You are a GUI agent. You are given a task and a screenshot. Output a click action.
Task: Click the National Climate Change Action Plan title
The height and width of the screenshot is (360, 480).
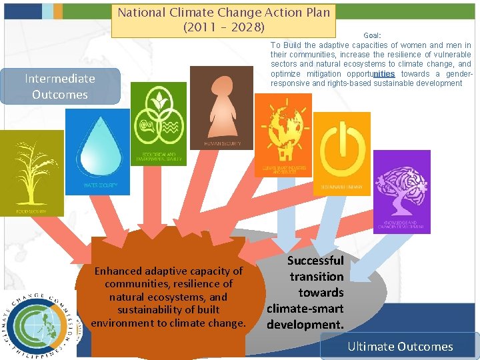tap(223, 12)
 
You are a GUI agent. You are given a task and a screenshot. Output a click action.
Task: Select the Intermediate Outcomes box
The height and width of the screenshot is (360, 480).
tap(60, 87)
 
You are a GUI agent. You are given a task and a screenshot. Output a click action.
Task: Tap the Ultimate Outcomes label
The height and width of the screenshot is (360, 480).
tap(400, 347)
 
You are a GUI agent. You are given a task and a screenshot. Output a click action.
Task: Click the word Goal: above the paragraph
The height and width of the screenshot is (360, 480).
tap(372, 35)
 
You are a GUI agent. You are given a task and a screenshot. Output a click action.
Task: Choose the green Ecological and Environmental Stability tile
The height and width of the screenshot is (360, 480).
tap(159, 123)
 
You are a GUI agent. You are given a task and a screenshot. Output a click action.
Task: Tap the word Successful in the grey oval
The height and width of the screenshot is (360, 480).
tap(315, 261)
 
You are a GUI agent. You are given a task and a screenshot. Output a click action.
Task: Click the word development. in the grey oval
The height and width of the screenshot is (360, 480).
tap(305, 325)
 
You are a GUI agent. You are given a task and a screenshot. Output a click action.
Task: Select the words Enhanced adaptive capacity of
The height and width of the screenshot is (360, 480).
tap(169, 271)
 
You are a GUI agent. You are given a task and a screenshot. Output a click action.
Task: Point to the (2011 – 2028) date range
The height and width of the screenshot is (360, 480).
tap(223, 28)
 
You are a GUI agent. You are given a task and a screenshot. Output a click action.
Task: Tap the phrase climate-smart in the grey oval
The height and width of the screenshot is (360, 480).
tap(305, 309)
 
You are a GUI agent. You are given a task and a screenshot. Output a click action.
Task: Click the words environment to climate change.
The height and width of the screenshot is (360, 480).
tap(169, 323)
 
